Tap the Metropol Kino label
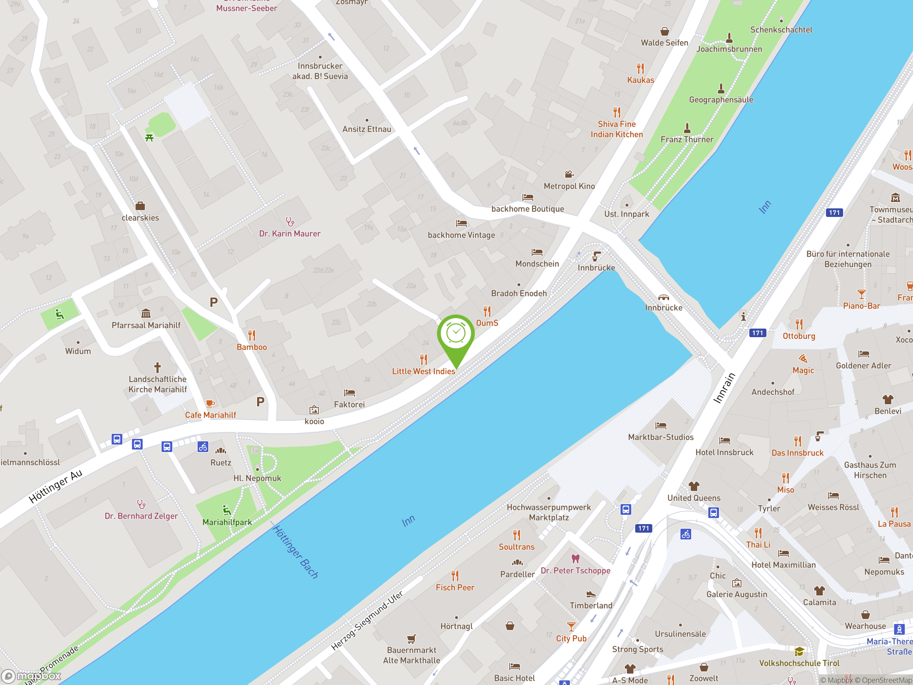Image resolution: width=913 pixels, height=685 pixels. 569,186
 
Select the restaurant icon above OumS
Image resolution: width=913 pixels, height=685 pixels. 487,311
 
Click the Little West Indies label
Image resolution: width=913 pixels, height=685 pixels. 423,371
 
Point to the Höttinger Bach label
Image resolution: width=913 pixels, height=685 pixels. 296,552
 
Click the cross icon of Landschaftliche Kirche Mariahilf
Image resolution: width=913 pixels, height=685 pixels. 157,367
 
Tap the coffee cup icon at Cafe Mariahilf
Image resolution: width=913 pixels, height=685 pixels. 210,404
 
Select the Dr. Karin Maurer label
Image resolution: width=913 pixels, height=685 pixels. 289,234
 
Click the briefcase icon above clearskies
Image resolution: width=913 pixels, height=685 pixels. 140,205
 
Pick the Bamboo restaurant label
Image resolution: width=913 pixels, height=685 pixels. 251,347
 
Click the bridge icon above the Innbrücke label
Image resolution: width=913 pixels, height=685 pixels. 663,297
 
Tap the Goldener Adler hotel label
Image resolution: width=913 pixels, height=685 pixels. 863,365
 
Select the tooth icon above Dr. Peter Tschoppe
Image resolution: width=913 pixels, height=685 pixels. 575,559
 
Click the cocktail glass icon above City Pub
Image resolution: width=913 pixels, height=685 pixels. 571,627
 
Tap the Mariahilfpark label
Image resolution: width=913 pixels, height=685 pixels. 227,522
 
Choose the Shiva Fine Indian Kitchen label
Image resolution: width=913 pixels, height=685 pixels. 616,129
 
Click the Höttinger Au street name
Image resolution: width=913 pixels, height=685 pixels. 55,486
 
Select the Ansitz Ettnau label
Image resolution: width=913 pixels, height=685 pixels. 367,129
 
